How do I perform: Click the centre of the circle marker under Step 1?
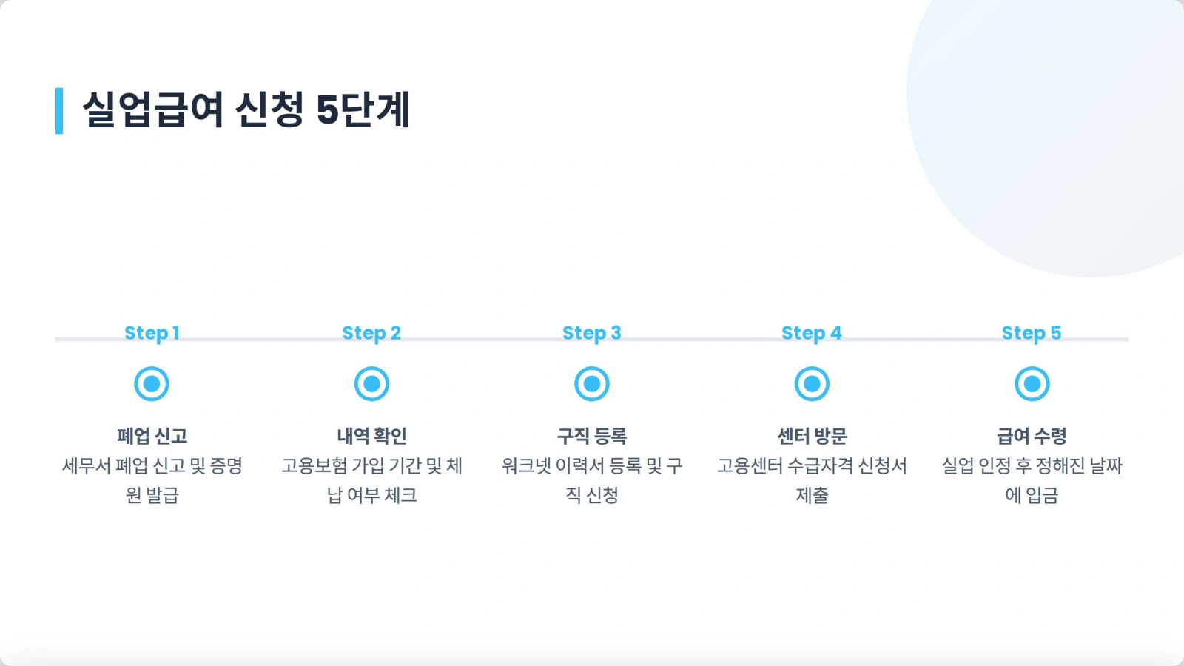click(152, 384)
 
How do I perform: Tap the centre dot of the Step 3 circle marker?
click(591, 384)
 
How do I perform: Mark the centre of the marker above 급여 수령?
click(1032, 384)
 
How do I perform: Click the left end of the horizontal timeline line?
click(55, 340)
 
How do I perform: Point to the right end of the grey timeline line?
click(1128, 340)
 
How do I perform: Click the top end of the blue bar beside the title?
click(59, 88)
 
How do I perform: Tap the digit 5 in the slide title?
click(327, 110)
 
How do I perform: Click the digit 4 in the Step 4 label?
click(835, 333)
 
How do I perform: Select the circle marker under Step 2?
click(371, 384)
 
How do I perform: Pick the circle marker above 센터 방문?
click(812, 384)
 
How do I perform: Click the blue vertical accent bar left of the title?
click(59, 111)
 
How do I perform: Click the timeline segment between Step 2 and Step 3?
click(482, 340)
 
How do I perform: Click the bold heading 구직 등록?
click(591, 436)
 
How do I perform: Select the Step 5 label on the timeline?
click(1032, 333)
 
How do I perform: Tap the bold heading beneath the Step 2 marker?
click(371, 436)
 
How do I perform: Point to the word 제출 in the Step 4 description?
click(812, 495)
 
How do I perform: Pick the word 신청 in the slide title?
click(269, 110)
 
